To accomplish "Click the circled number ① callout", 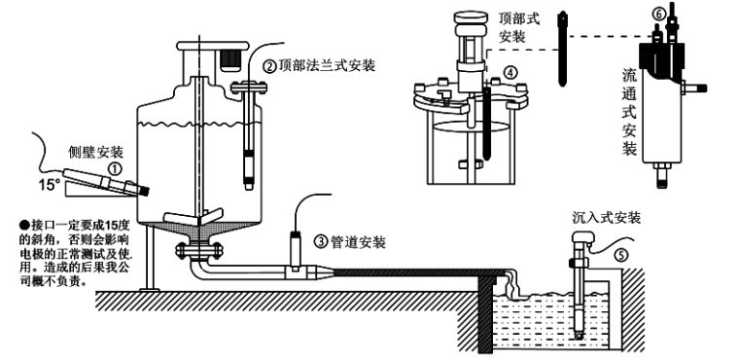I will [116, 168].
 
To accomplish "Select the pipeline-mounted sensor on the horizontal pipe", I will [296, 255].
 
